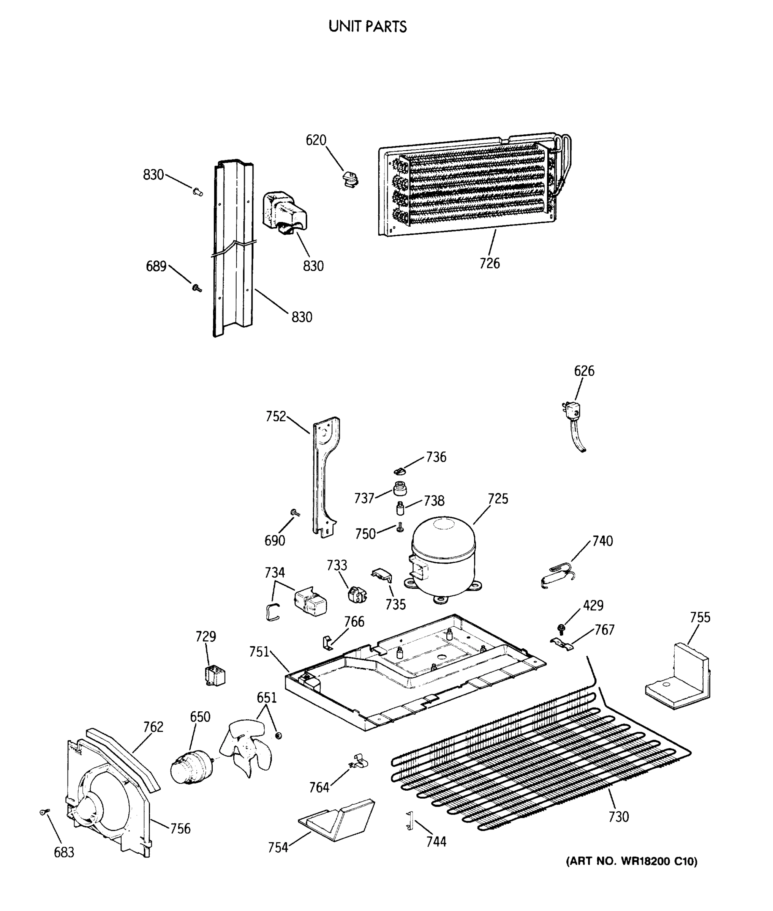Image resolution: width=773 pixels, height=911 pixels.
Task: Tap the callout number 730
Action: (x=618, y=816)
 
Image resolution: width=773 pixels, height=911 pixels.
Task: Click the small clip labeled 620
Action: (x=350, y=179)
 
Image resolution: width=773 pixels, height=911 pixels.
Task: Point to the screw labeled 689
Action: (x=197, y=288)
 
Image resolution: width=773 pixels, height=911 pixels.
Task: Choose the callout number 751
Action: (x=259, y=652)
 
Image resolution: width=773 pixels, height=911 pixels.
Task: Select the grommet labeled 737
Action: (x=400, y=488)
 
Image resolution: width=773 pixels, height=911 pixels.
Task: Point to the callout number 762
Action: (x=153, y=727)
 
